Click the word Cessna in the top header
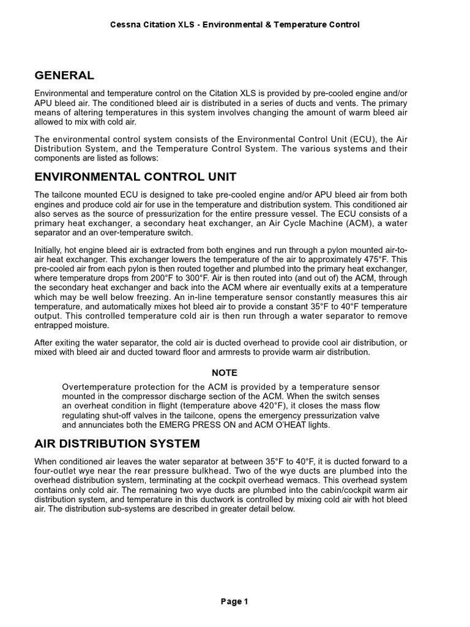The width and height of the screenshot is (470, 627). click(x=124, y=24)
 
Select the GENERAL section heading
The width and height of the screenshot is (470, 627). click(x=64, y=75)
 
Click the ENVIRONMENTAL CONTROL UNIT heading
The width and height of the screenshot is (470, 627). click(x=135, y=177)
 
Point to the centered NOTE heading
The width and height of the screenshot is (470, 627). click(x=225, y=372)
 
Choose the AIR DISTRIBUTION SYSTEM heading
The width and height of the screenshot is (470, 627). click(x=117, y=443)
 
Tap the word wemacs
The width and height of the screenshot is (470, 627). click(x=317, y=480)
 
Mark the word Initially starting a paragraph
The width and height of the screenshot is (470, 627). click(x=50, y=250)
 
